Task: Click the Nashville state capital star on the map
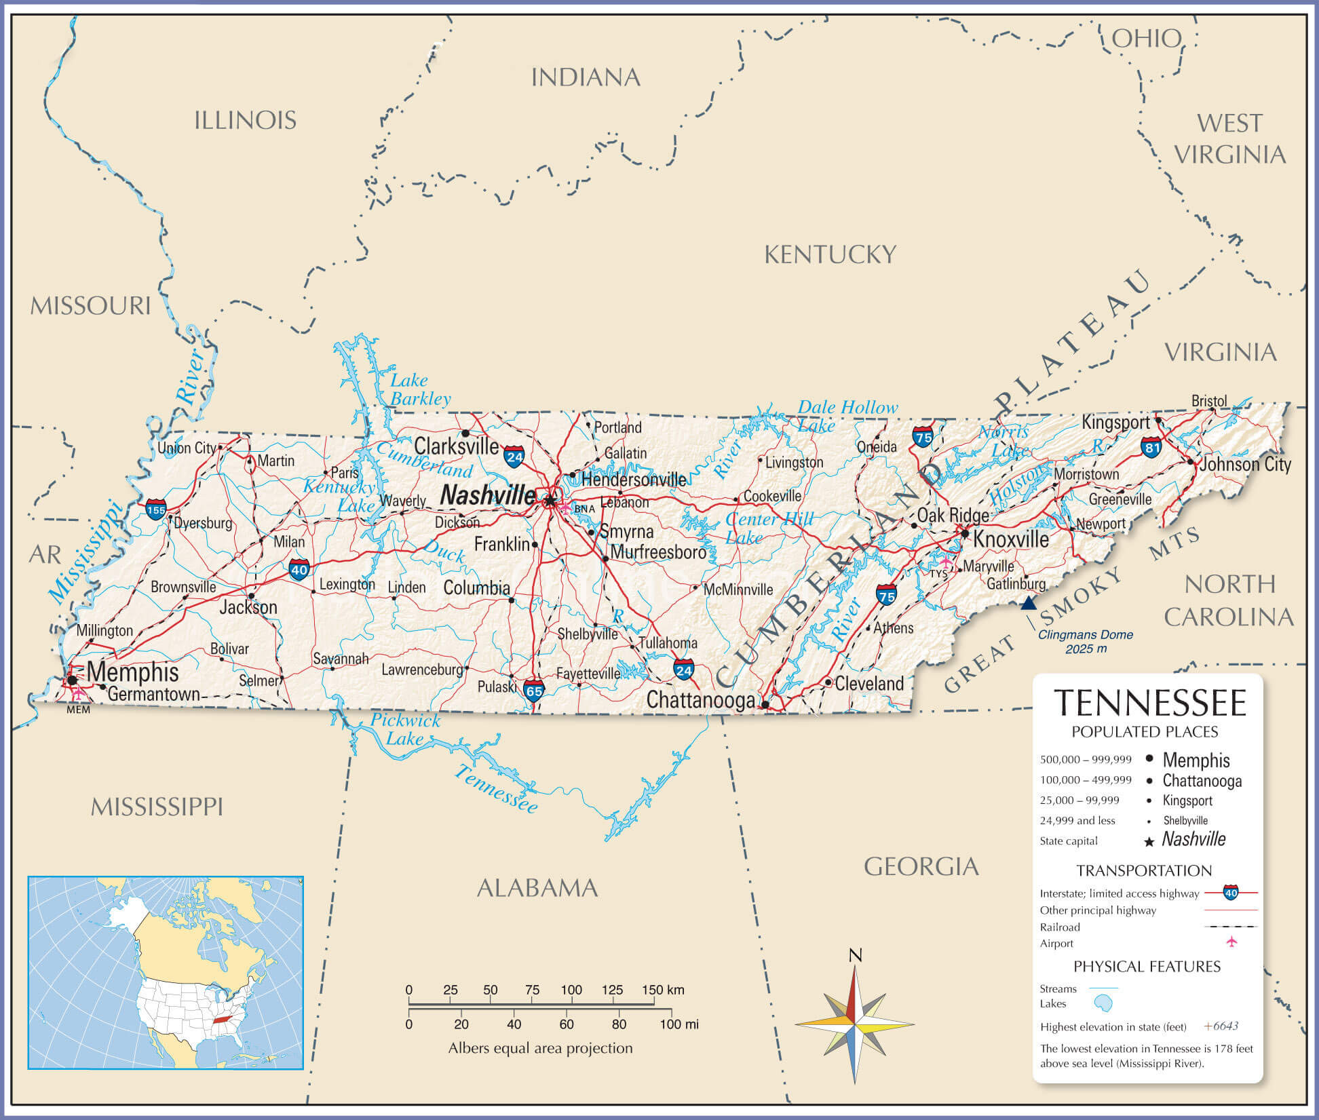tap(550, 501)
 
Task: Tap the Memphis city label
tap(133, 672)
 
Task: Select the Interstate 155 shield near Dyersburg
tap(156, 509)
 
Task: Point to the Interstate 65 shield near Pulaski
tap(534, 691)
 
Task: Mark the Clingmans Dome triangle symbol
tap(1029, 603)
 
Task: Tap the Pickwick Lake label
tap(405, 729)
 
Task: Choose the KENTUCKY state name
tap(830, 255)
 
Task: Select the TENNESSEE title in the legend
tap(1150, 703)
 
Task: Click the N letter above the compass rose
tap(855, 956)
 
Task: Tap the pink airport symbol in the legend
tap(1231, 942)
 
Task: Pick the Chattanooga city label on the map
tap(700, 700)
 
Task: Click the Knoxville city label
tap(1011, 539)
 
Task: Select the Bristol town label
tap(1209, 401)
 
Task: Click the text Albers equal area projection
tap(540, 1048)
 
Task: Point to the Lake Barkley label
tap(420, 389)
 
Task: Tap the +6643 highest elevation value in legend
tap(1221, 1026)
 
